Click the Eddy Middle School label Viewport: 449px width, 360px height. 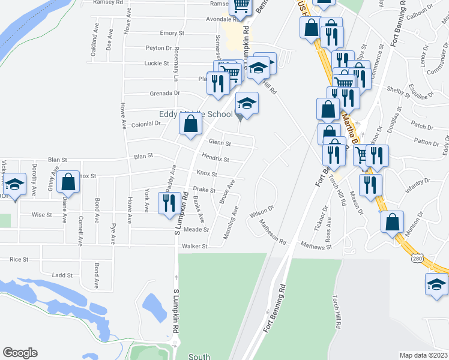196,114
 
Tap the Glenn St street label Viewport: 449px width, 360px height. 220,143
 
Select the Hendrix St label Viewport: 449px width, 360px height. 215,159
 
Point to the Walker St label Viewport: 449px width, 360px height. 194,246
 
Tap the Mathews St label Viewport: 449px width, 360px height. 316,245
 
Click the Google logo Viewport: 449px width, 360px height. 20,353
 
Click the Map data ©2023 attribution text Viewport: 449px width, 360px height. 423,355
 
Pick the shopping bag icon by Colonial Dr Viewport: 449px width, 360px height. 190,124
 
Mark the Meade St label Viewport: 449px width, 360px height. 196,230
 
